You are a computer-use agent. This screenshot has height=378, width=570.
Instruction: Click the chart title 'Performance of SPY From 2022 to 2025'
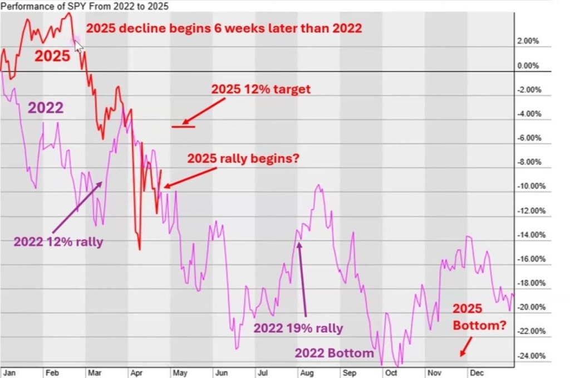coord(85,6)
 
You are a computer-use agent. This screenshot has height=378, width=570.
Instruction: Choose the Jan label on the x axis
coord(9,371)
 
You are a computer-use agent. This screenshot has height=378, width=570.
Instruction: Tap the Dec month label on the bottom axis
coord(476,371)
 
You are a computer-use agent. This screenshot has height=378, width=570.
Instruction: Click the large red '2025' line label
coord(53,56)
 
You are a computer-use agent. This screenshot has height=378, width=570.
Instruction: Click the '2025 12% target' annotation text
coord(260,89)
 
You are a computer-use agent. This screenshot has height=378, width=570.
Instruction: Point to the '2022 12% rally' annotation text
coord(58,242)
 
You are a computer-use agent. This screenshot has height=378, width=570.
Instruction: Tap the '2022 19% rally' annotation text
coord(298,328)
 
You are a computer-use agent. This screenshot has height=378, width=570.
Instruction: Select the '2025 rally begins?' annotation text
coord(244,158)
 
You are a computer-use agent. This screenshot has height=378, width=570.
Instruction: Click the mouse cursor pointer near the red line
coord(78,44)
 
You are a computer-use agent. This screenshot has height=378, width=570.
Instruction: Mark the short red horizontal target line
coord(183,127)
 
